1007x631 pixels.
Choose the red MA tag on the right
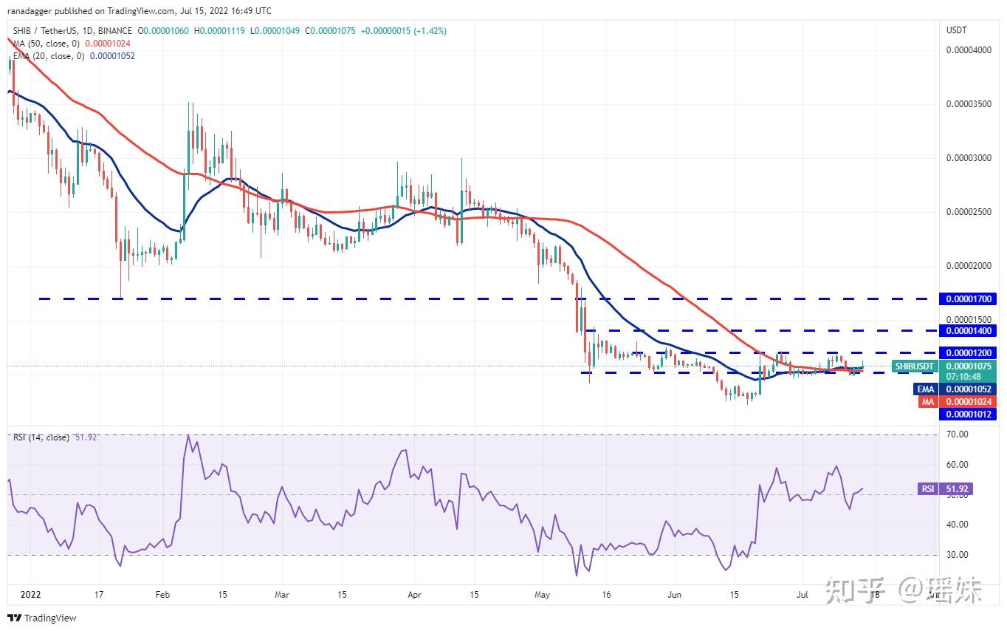(x=927, y=401)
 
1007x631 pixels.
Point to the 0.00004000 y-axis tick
(x=968, y=50)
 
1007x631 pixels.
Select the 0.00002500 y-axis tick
(x=968, y=213)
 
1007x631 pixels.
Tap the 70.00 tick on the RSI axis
(x=957, y=434)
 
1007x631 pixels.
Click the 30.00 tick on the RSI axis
(x=957, y=555)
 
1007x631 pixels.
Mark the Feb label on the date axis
(x=162, y=593)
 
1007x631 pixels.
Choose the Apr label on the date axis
(x=414, y=593)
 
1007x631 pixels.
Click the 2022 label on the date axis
(x=30, y=593)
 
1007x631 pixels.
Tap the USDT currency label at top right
(x=957, y=30)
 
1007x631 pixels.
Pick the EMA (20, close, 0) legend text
(x=49, y=56)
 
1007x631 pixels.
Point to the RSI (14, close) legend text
(x=41, y=437)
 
